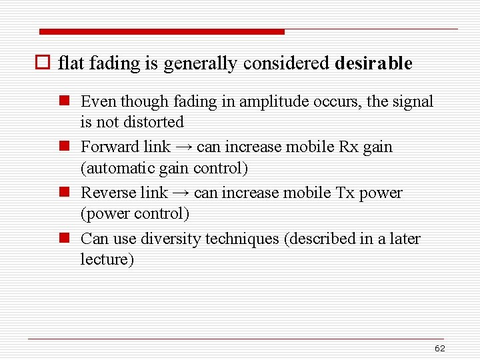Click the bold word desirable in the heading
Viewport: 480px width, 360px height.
coord(373,64)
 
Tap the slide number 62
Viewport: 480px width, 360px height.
coord(440,349)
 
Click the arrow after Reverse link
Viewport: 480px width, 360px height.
coord(180,193)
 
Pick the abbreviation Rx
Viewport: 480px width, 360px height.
coord(349,147)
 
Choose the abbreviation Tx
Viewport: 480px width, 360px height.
coord(345,193)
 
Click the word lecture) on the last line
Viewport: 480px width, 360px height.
coord(107,259)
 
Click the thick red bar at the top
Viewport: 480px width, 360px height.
coord(162,31)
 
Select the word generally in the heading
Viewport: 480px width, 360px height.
coord(200,64)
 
